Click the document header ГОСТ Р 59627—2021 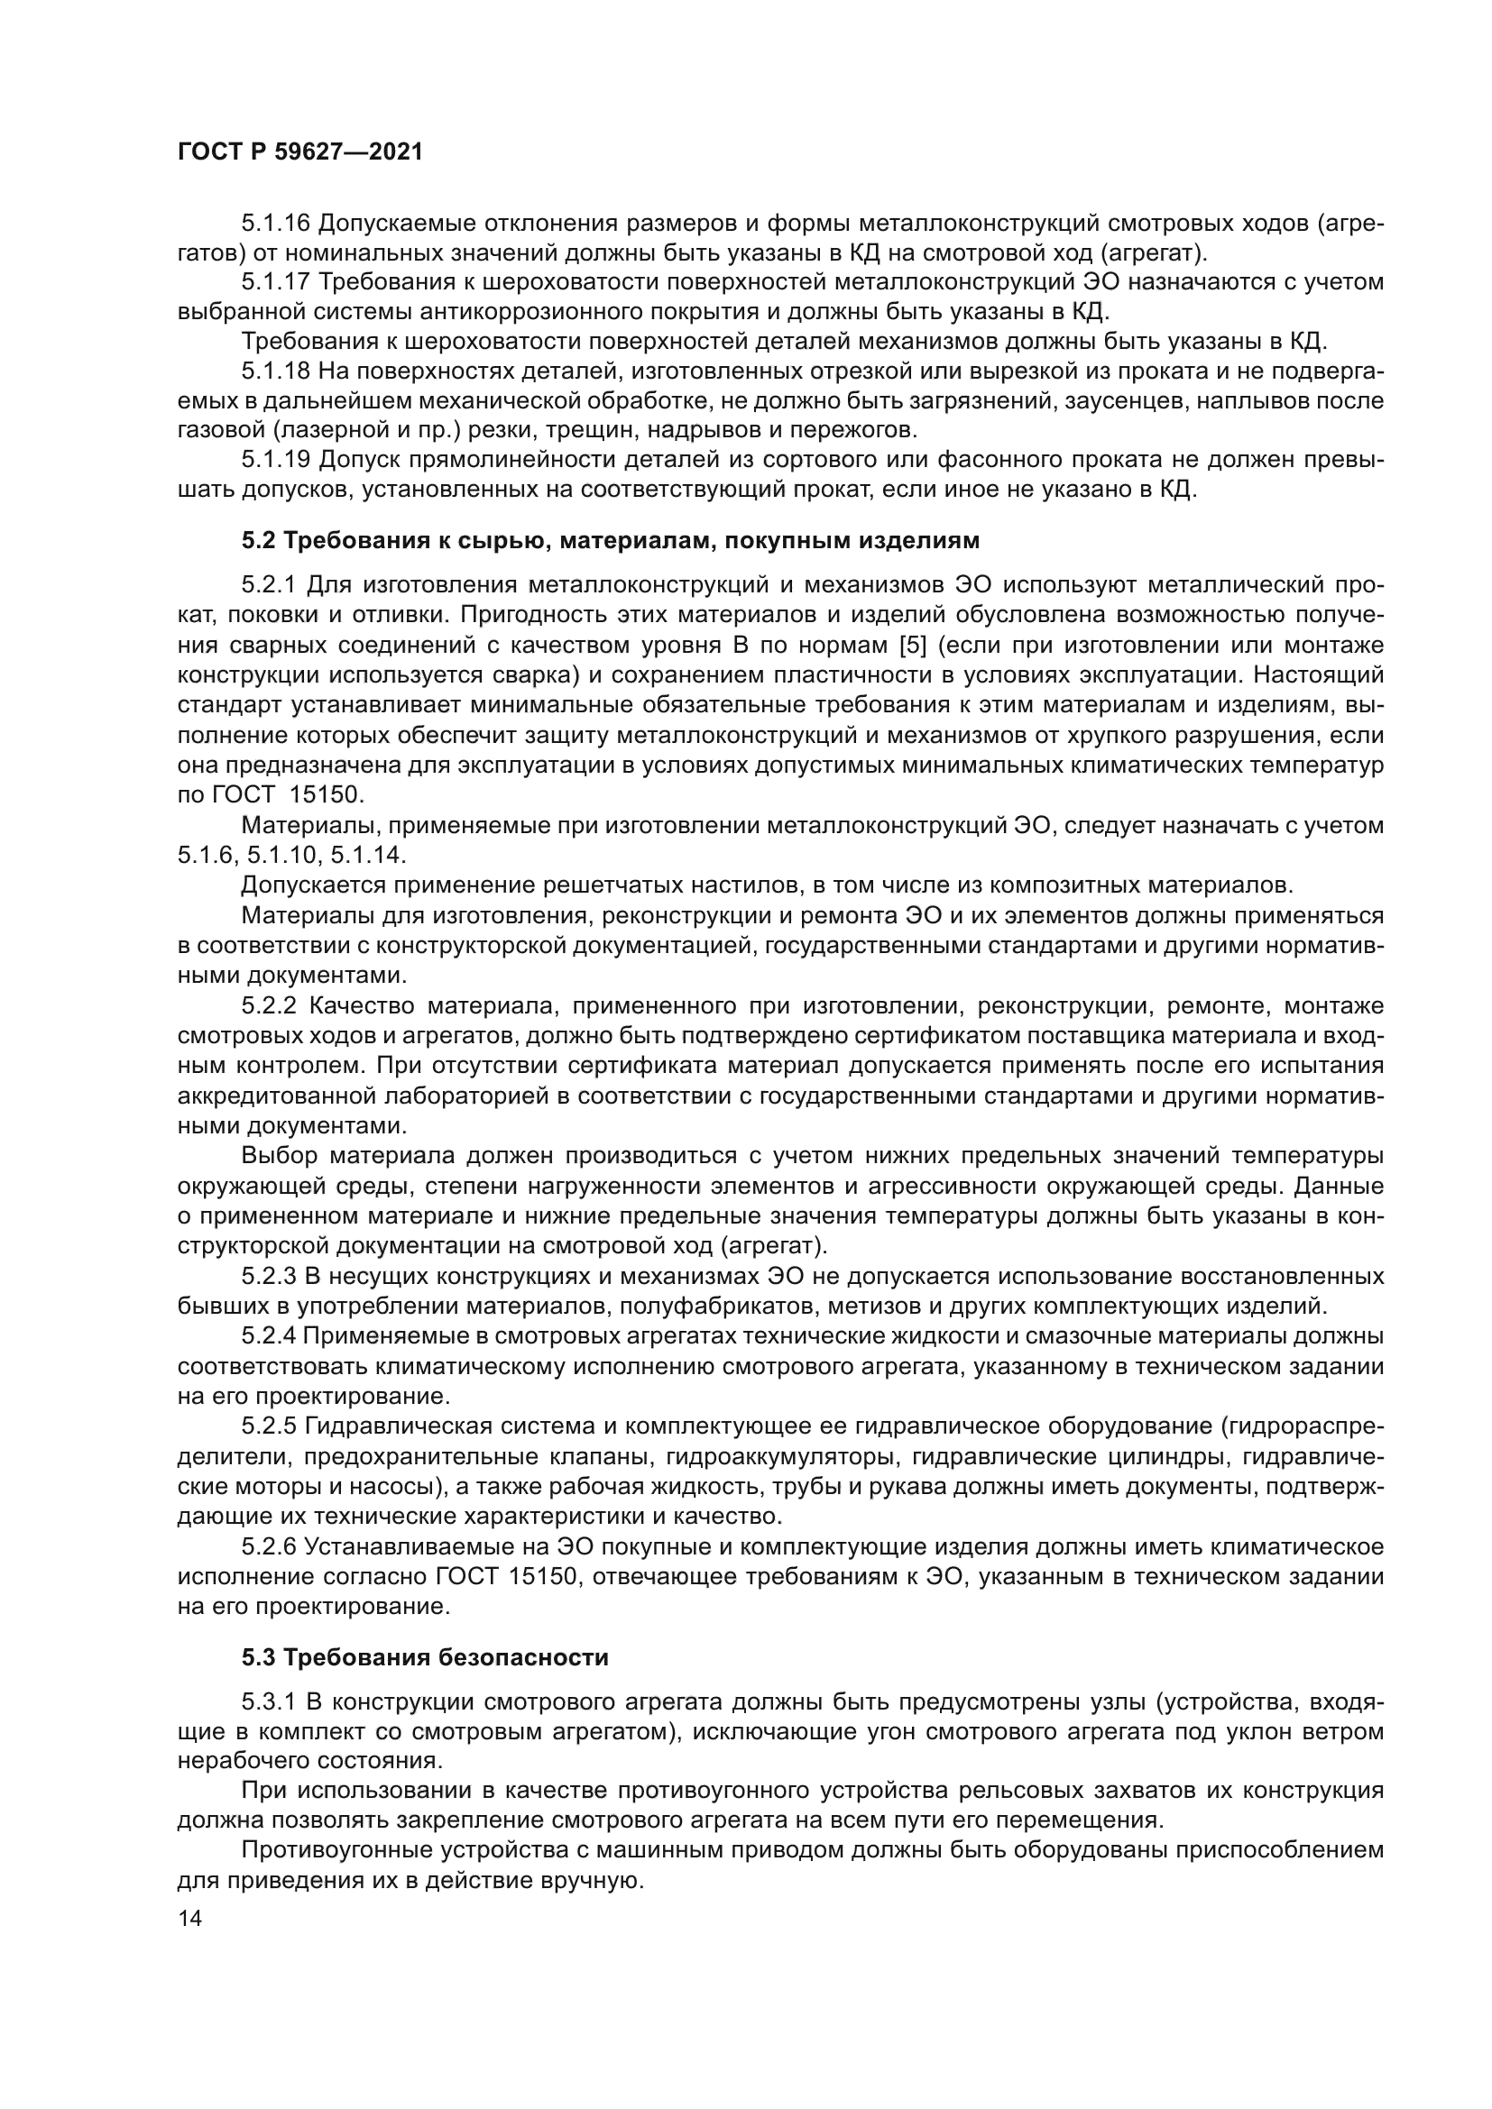pos(299,152)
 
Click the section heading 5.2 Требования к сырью pos(610,541)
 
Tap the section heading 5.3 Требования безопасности pos(425,1658)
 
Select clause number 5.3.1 pos(268,1702)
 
